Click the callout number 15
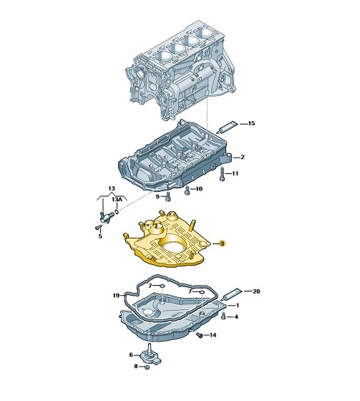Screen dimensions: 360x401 [x=252, y=123]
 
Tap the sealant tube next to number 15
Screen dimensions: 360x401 [x=227, y=127]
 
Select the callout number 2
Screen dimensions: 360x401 [x=243, y=157]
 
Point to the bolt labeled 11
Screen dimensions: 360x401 [x=222, y=173]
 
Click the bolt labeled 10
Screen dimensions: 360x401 [x=188, y=190]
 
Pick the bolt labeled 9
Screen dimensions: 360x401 [x=167, y=197]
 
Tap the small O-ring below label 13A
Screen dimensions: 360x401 [x=117, y=212]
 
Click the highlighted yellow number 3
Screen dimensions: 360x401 [x=222, y=243]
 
